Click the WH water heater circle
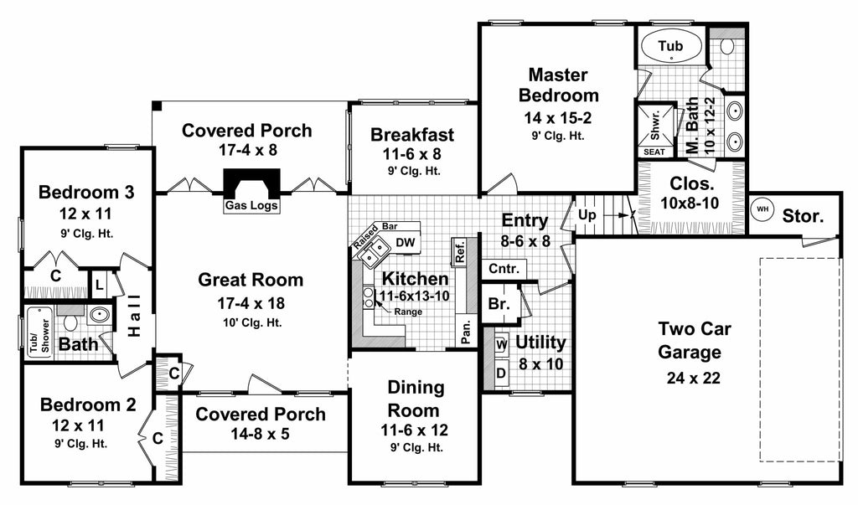(762, 209)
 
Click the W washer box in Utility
(501, 344)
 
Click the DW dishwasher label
(406, 244)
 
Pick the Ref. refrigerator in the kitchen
(459, 250)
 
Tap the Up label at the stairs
(588, 215)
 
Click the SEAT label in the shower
(654, 152)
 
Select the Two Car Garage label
(689, 340)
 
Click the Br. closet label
(499, 305)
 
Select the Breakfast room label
(412, 135)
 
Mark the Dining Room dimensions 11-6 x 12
(413, 430)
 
